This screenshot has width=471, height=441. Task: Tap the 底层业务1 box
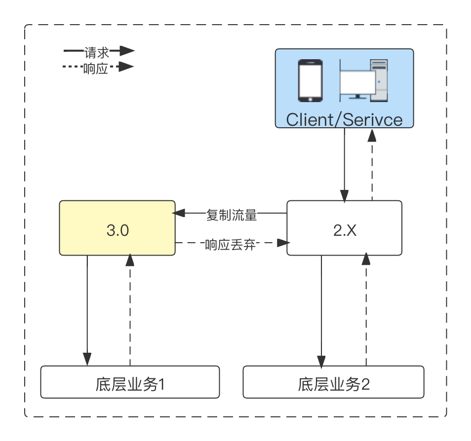pyautogui.click(x=130, y=382)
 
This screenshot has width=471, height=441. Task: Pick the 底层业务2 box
pyautogui.click(x=333, y=382)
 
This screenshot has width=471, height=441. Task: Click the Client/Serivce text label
pyautogui.click(x=344, y=119)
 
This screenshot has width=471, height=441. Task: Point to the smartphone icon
pyautogui.click(x=310, y=80)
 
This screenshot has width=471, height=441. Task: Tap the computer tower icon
pyautogui.click(x=379, y=79)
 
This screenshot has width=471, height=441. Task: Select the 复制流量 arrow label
pyautogui.click(x=232, y=215)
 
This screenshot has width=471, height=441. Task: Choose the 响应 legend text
pyautogui.click(x=96, y=68)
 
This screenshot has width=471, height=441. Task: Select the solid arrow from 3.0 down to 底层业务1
pyautogui.click(x=87, y=311)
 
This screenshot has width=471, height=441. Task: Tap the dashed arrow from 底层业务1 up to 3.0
pyautogui.click(x=130, y=311)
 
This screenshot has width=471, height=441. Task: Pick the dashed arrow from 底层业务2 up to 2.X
pyautogui.click(x=366, y=311)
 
